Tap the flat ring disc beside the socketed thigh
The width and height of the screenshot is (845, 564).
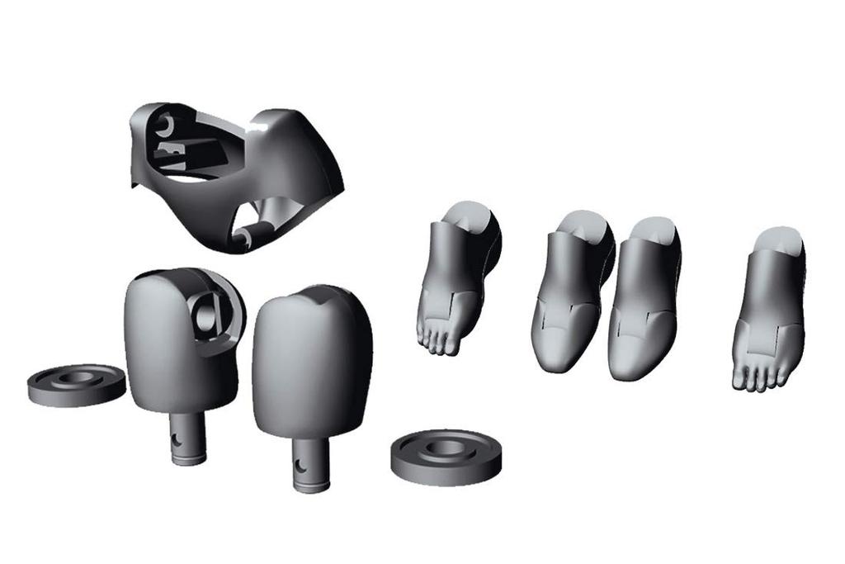pyautogui.click(x=76, y=385)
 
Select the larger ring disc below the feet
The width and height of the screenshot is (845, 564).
pyautogui.click(x=446, y=456)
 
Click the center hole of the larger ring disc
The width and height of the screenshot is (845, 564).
pyautogui.click(x=446, y=447)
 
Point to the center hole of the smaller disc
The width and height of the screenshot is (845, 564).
pyautogui.click(x=77, y=377)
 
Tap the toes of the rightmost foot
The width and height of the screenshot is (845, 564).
pyautogui.click(x=757, y=377)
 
